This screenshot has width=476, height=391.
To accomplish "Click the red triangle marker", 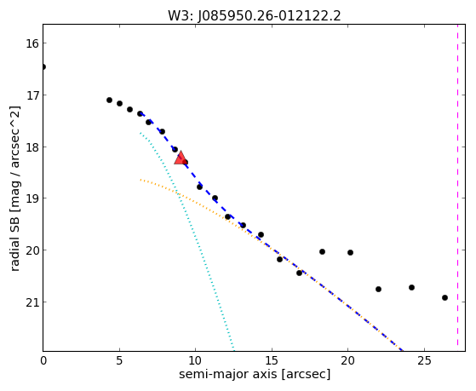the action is (181, 158).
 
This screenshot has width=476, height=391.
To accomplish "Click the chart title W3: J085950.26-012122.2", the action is (255, 16).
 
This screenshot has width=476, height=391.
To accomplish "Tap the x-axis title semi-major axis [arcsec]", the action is (255, 374).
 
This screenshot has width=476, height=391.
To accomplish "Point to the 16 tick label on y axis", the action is (32, 43).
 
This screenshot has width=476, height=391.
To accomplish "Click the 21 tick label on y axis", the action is (32, 302).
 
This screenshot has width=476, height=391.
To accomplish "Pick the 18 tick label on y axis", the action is (32, 147).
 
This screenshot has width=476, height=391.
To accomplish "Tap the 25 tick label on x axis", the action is (424, 360).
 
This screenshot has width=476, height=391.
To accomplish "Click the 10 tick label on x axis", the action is (196, 360).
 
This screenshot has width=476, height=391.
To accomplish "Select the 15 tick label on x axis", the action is (272, 360).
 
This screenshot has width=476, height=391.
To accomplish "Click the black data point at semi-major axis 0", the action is (43, 66).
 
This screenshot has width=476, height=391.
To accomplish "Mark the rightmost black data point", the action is (444, 298).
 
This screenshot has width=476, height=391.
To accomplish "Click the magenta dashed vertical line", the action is (457, 186).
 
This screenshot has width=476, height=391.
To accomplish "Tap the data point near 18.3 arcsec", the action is (322, 251).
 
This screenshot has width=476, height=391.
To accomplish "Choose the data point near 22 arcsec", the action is (378, 289).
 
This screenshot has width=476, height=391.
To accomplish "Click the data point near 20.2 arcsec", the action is (350, 252).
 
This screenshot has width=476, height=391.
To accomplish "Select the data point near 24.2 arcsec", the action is (411, 287).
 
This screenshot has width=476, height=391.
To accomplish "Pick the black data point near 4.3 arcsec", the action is (109, 100).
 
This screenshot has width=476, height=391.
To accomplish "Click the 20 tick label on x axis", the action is (348, 360).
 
